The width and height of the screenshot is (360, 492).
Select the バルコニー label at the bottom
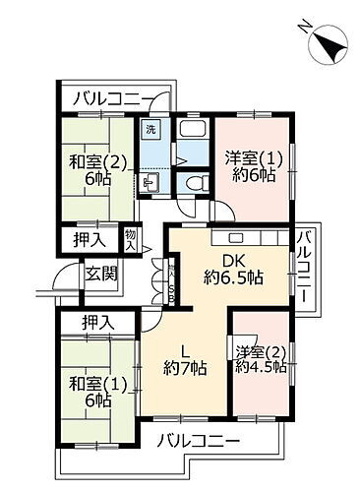(198, 438)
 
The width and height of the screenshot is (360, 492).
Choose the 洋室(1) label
(251, 157)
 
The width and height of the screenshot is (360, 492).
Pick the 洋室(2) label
(260, 349)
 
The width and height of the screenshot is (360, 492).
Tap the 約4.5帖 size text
(261, 367)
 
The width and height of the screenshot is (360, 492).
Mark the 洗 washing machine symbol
(150, 130)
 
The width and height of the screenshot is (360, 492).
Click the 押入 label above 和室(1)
(98, 322)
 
